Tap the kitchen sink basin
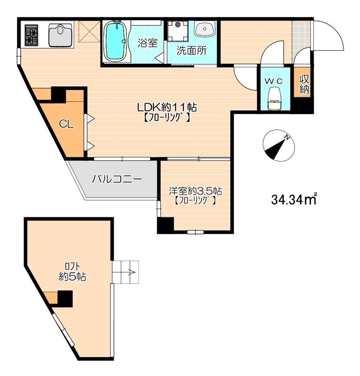click(x=61, y=35)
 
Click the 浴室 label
click(x=148, y=43)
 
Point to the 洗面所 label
click(x=191, y=51)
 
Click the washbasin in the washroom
click(x=204, y=29)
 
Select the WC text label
click(x=274, y=81)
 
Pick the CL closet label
click(x=66, y=124)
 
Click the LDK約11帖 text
click(x=167, y=107)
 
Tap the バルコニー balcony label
click(x=117, y=179)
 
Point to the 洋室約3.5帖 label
click(x=195, y=191)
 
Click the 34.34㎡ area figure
click(x=294, y=199)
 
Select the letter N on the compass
click(x=287, y=137)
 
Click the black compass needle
click(x=275, y=149)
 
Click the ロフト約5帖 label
click(x=72, y=272)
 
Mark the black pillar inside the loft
click(x=65, y=298)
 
